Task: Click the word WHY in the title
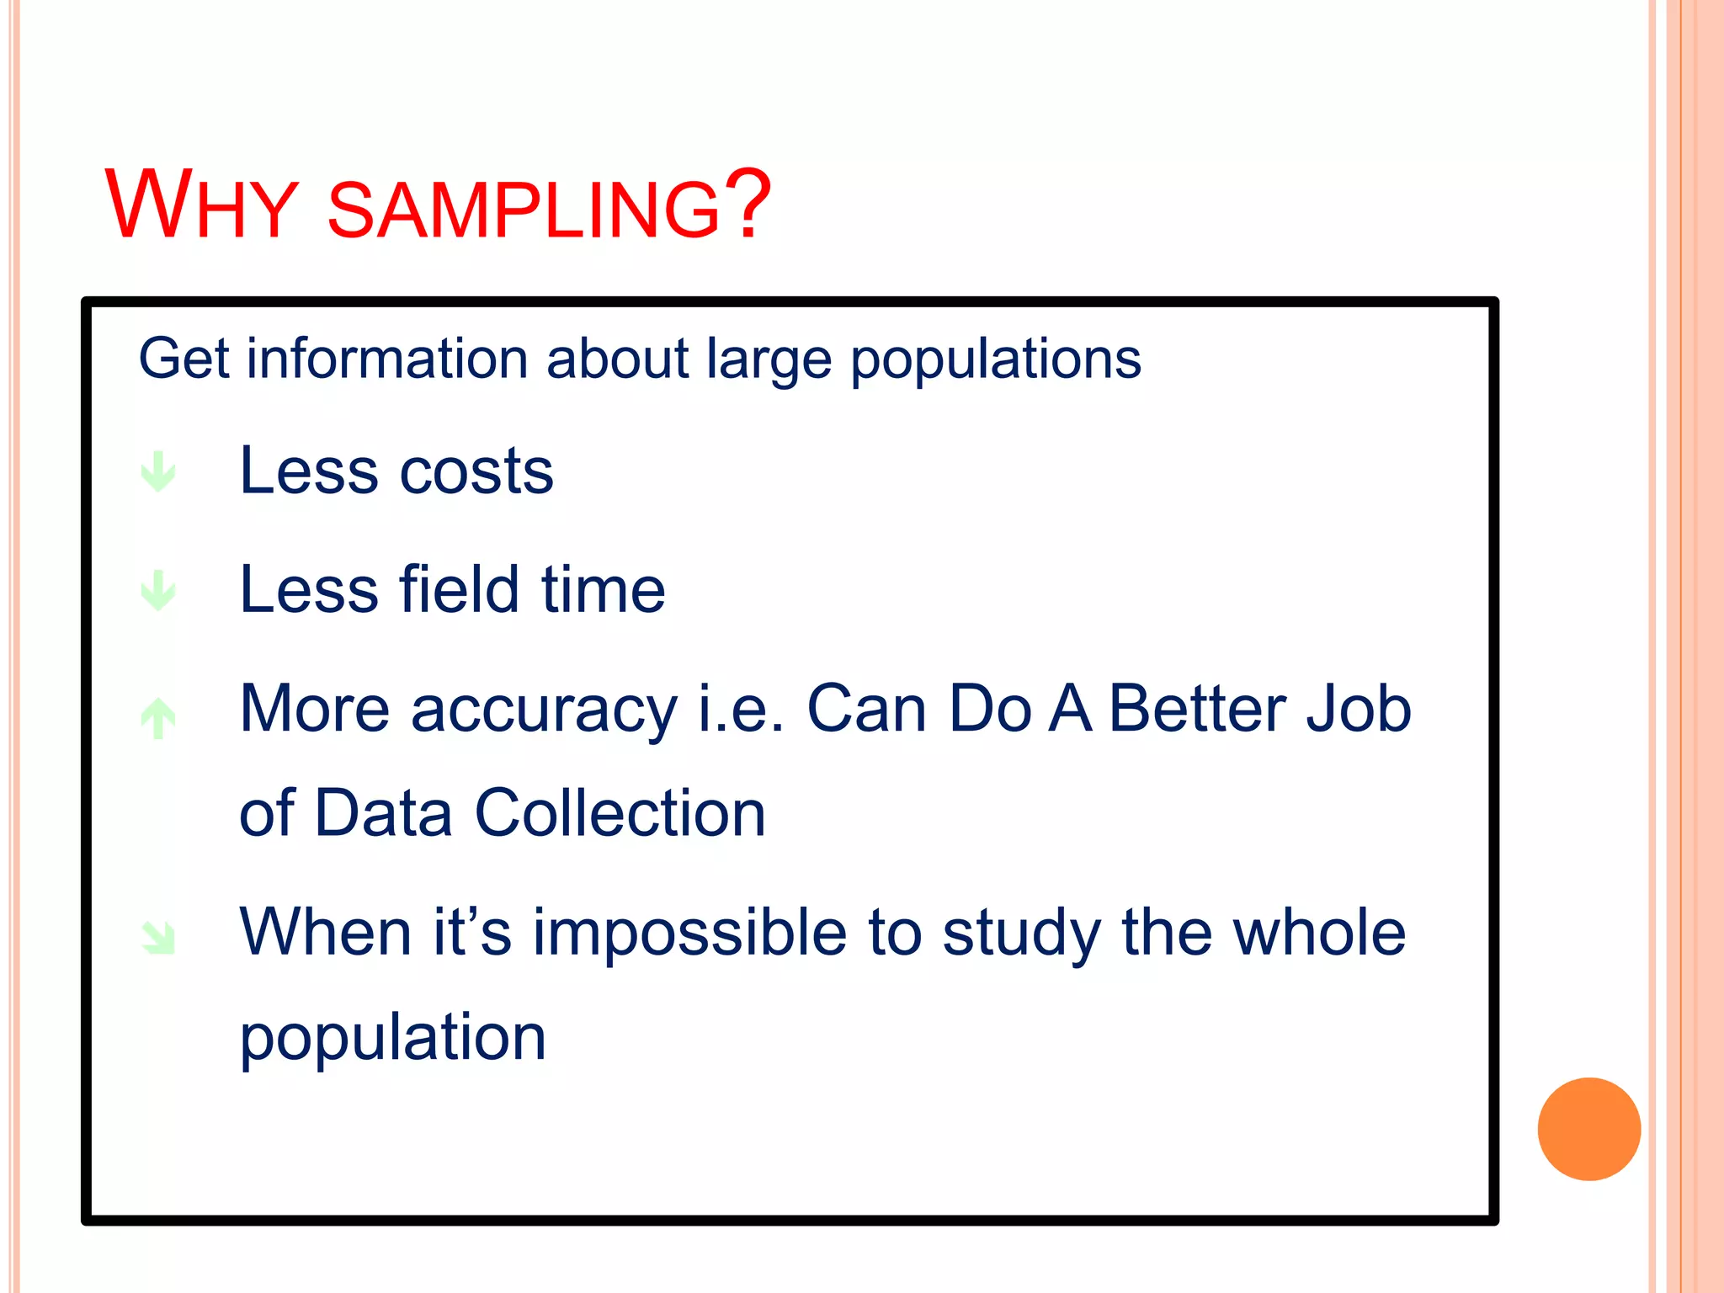(201, 205)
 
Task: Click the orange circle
(1588, 1129)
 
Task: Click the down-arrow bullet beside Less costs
(158, 471)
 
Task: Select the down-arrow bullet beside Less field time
(158, 590)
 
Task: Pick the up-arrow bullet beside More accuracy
(158, 718)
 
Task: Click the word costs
(476, 471)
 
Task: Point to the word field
(459, 589)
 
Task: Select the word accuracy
(544, 710)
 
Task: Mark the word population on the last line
(393, 1038)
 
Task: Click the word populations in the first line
(995, 360)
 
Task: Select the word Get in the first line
(184, 359)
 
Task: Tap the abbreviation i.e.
(741, 709)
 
